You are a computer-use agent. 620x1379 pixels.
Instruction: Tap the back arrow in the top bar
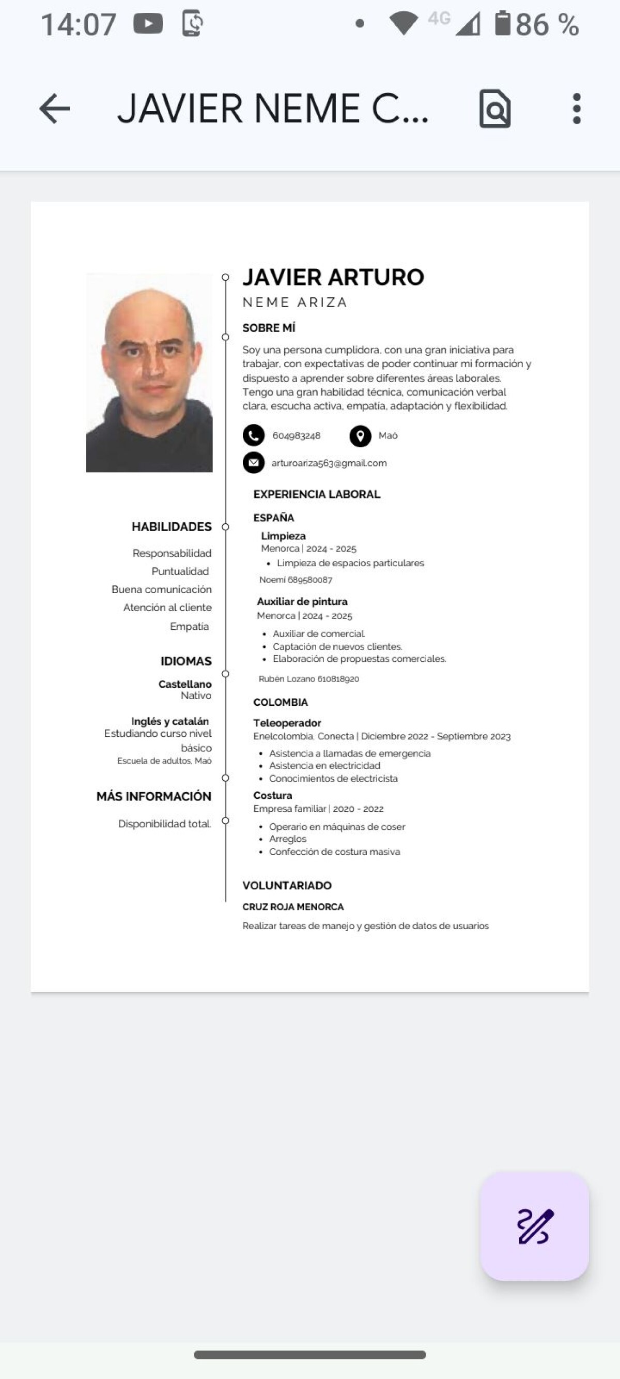[x=55, y=109]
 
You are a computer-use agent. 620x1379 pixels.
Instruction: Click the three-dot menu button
[x=576, y=109]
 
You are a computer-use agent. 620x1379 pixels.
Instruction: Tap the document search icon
[x=495, y=109]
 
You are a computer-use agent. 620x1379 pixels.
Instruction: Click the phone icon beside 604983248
[x=254, y=435]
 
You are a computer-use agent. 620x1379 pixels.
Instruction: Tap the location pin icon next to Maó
[x=360, y=436]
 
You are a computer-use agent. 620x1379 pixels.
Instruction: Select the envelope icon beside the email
[x=254, y=463]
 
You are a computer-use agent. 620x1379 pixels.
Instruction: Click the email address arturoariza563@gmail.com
[x=329, y=463]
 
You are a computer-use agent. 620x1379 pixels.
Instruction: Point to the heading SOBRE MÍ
[x=269, y=328]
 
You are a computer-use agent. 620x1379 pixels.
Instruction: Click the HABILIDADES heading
[x=171, y=527]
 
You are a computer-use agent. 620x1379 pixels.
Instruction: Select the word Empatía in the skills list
[x=190, y=626]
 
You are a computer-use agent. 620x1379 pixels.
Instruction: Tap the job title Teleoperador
[x=287, y=723]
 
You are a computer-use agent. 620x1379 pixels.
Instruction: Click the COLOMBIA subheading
[x=281, y=702]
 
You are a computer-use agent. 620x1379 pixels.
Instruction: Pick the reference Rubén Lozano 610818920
[x=308, y=679]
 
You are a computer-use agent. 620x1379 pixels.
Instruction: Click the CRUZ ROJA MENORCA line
[x=292, y=907]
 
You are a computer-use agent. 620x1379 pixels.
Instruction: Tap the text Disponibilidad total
[x=164, y=824]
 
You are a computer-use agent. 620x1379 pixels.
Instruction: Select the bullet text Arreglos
[x=288, y=839]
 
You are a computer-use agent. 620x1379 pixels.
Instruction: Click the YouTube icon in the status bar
[x=148, y=24]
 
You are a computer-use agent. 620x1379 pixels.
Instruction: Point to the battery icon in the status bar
[x=502, y=24]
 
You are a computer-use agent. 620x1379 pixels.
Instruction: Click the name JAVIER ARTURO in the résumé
[x=333, y=277]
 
